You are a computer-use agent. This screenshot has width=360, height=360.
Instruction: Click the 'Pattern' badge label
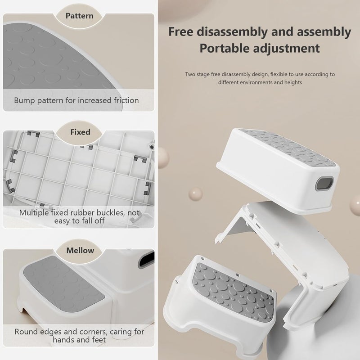[80, 16]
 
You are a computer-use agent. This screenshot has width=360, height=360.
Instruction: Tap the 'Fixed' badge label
[80, 132]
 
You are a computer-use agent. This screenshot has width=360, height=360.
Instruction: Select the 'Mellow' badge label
[80, 250]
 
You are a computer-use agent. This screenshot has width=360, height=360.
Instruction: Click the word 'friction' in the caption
[126, 100]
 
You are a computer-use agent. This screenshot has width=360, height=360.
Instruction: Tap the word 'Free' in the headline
[180, 31]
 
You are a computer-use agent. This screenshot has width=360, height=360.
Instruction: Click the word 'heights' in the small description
[293, 82]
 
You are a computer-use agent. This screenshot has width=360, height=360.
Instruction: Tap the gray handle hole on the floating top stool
[324, 184]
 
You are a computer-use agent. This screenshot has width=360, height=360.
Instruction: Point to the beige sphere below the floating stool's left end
[196, 194]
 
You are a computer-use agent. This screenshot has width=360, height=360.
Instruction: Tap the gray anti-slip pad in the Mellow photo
[64, 284]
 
